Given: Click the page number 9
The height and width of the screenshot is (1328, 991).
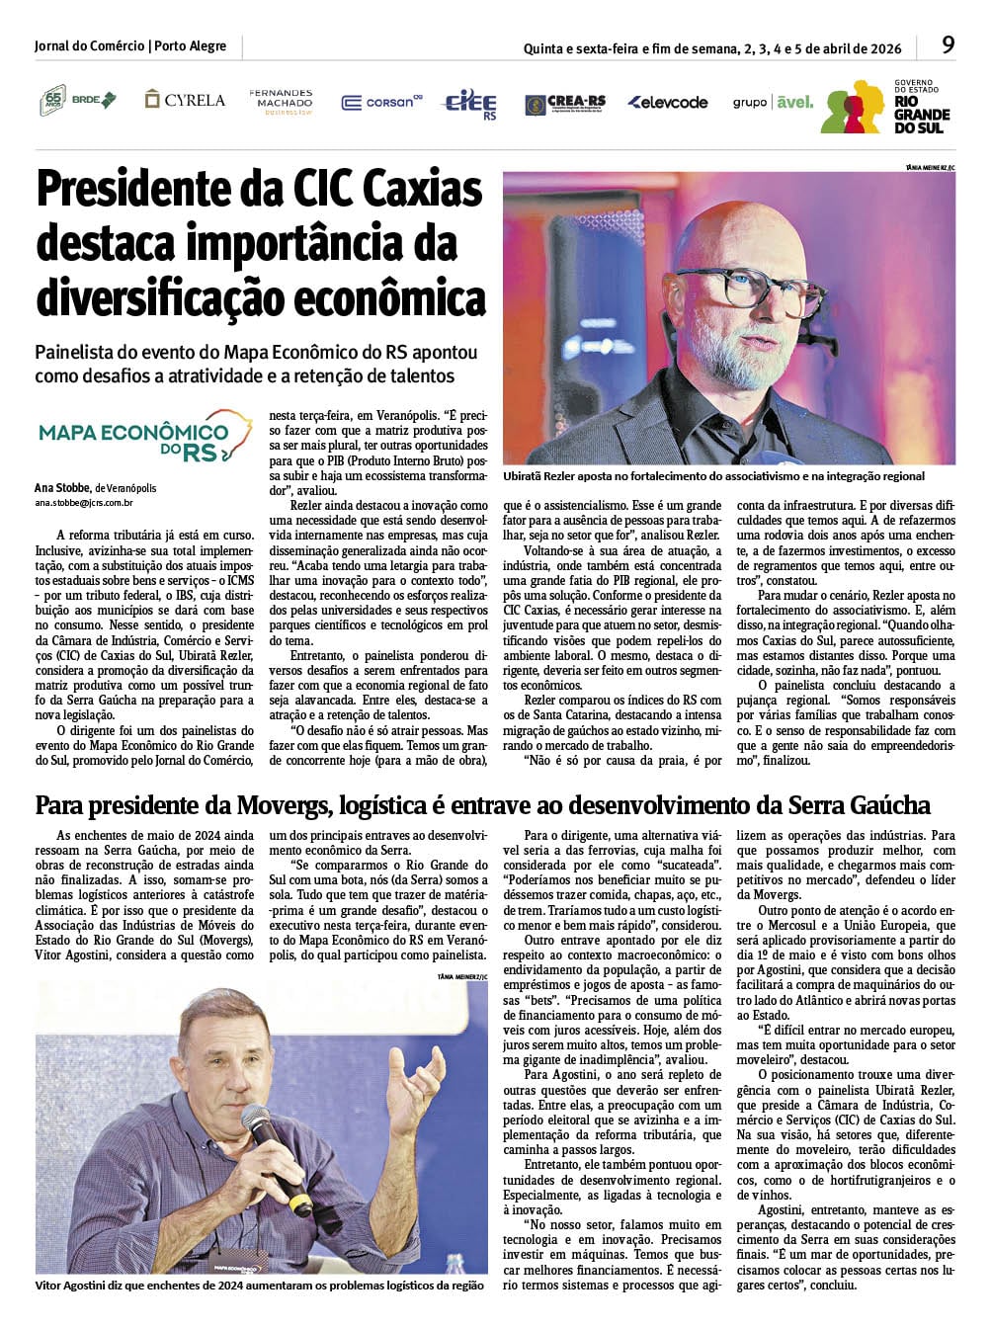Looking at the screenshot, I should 948,44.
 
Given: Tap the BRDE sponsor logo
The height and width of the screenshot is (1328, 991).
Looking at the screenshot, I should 78,100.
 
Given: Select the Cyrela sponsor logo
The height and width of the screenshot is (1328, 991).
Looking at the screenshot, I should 185,100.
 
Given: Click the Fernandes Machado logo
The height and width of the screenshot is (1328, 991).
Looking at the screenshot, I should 281,101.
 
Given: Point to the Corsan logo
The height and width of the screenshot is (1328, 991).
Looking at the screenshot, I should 381,102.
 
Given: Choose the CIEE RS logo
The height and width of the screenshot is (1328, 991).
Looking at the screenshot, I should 471,103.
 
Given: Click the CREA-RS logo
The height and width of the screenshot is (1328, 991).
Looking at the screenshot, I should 565,103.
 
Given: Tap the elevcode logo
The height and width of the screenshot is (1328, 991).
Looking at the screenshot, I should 668,102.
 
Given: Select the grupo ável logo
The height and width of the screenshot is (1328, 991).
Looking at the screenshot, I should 773,102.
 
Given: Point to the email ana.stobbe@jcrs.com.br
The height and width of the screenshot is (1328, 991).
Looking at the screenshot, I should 84,503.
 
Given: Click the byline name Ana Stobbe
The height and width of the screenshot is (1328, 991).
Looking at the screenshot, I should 63,487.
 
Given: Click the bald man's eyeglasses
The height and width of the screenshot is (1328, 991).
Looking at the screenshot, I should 762,287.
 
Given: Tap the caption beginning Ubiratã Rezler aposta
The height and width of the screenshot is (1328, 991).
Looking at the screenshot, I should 713,476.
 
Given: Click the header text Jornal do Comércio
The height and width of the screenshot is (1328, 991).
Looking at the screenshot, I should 88,45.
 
